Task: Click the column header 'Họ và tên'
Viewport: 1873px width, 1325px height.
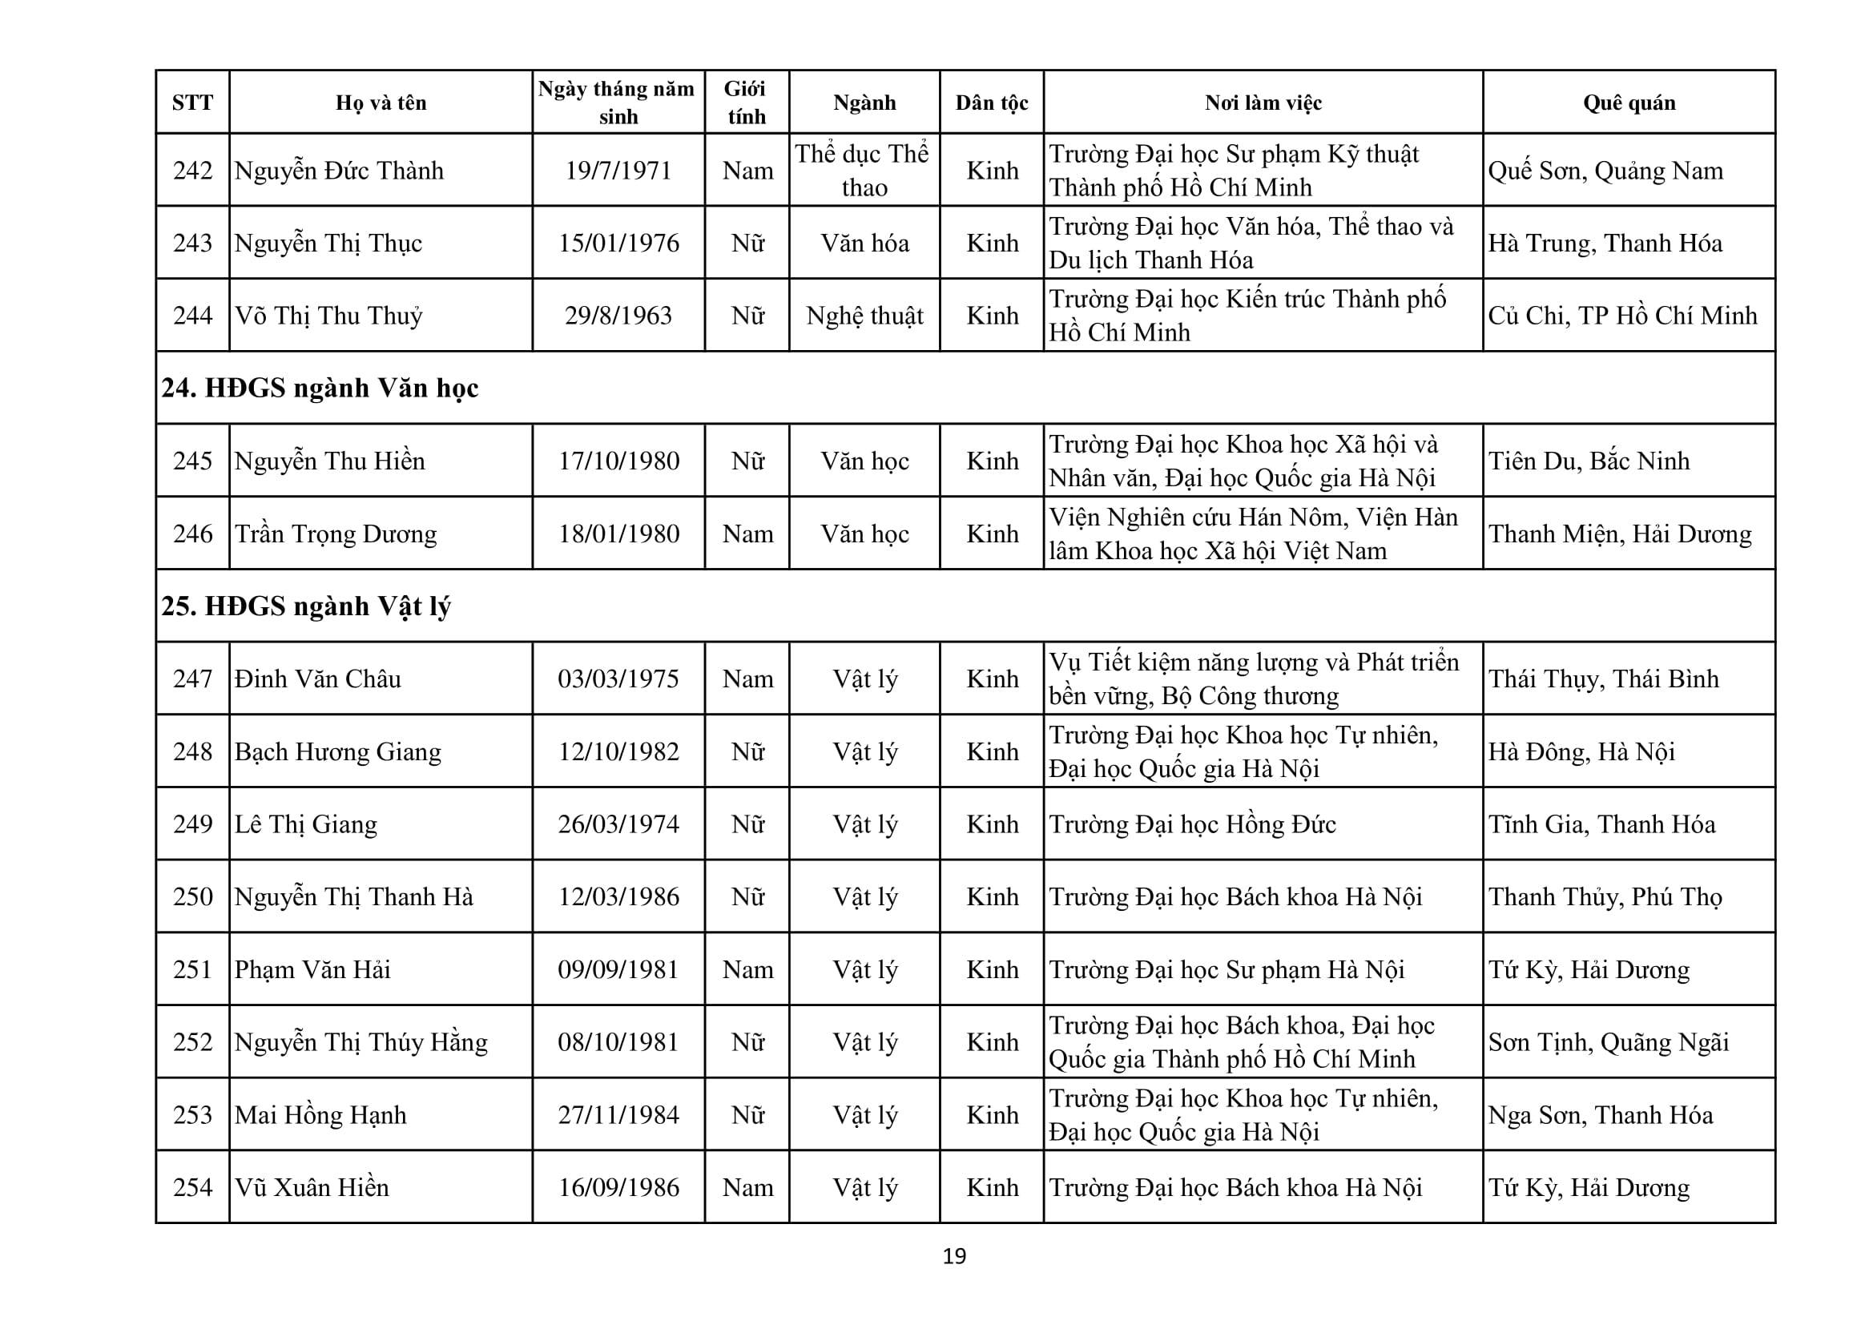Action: tap(381, 103)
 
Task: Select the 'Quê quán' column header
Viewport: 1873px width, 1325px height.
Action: tap(1629, 103)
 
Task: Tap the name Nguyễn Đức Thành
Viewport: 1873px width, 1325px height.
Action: tap(340, 171)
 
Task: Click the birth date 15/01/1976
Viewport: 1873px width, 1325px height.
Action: tap(618, 244)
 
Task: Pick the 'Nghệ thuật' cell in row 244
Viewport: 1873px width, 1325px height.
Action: tap(864, 316)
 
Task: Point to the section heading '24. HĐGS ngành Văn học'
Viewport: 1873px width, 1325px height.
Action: tap(320, 389)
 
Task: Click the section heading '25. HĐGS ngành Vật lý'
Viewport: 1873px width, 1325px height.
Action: tap(306, 606)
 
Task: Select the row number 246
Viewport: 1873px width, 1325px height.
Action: tap(192, 534)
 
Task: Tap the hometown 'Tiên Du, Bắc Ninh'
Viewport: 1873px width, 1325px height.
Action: tap(1589, 461)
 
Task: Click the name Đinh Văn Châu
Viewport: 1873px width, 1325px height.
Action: tap(318, 679)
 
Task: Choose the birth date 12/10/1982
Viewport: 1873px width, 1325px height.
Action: tap(618, 751)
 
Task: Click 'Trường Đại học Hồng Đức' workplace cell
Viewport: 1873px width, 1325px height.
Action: tap(1193, 824)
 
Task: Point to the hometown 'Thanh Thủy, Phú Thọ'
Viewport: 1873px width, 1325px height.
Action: tap(1605, 896)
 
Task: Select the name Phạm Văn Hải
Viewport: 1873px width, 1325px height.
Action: tap(312, 969)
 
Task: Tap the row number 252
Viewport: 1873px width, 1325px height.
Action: tap(192, 1042)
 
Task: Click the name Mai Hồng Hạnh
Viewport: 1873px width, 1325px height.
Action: tap(320, 1114)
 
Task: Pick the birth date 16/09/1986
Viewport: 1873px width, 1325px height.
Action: tap(618, 1187)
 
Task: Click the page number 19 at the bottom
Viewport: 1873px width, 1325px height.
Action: tap(954, 1256)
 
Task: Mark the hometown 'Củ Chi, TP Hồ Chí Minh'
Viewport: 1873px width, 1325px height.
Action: tap(1622, 316)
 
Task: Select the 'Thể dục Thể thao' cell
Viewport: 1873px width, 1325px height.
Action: tap(864, 171)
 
